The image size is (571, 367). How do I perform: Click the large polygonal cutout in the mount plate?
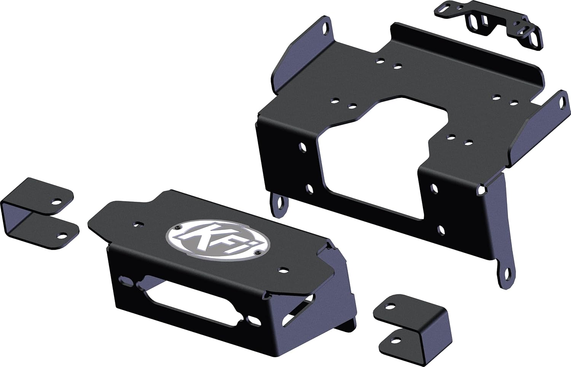[x=381, y=152]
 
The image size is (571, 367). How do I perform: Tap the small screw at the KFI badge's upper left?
[x=178, y=227]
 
